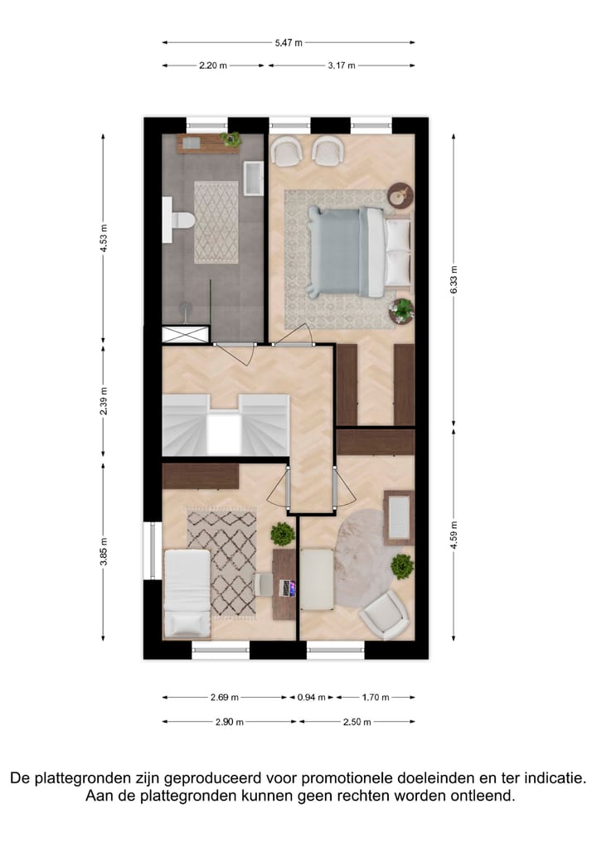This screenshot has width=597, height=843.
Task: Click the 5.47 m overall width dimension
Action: click(x=289, y=42)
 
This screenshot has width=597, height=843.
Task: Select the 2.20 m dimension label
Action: click(x=213, y=65)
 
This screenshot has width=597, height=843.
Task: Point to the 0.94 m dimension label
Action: click(x=313, y=698)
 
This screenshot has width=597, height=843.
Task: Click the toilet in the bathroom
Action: click(x=179, y=221)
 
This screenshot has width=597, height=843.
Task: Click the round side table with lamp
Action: click(x=400, y=193)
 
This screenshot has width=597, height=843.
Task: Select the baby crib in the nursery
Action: click(x=399, y=516)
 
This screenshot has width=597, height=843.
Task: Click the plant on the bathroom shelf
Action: click(x=231, y=139)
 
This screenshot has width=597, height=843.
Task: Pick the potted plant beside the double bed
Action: click(x=401, y=310)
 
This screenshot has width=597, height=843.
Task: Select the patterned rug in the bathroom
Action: click(x=216, y=222)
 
